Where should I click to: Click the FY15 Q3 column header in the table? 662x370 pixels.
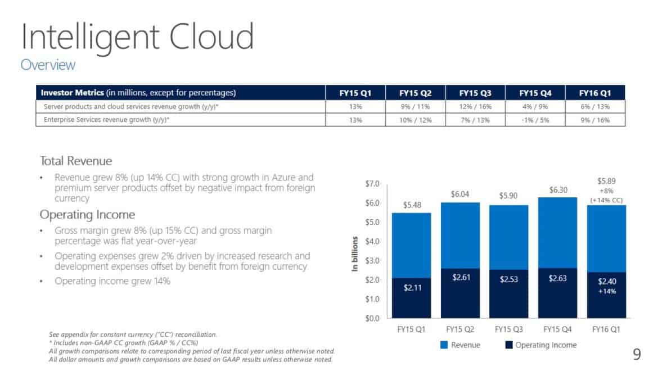(475, 93)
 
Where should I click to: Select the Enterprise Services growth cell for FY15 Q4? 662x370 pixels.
(535, 120)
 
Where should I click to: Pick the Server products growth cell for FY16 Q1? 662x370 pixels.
(596, 106)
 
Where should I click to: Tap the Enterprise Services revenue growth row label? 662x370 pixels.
(106, 120)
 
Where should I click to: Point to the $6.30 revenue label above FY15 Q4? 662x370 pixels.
(559, 191)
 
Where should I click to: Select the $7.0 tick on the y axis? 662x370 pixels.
(372, 184)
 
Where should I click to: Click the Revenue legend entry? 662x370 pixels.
(460, 345)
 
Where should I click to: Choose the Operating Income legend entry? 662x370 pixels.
(540, 345)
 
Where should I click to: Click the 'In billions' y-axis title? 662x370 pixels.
(355, 255)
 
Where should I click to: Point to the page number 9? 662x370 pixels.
(637, 354)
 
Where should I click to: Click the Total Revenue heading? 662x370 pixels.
(76, 161)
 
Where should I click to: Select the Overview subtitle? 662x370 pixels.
(48, 65)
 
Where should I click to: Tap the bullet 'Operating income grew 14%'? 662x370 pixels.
(112, 281)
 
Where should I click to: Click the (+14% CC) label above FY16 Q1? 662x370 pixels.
(606, 200)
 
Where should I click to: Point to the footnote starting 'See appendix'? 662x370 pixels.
(133, 335)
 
